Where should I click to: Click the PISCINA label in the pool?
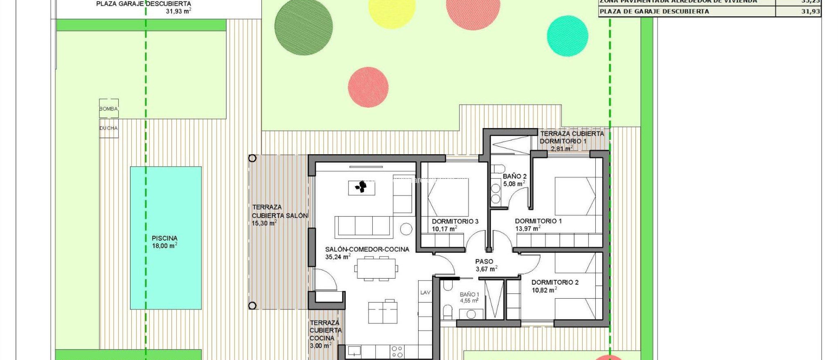tap(164, 238)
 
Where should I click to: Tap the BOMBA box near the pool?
tap(108, 109)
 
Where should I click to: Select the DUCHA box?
tap(108, 128)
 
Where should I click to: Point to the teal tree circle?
tap(568, 36)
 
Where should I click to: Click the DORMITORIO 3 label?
tap(455, 221)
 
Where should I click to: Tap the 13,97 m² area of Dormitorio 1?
tap(527, 229)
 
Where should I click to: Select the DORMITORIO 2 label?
tap(555, 282)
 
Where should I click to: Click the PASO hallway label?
tap(484, 261)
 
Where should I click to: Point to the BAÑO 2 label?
tap(514, 176)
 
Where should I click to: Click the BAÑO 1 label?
tap(469, 295)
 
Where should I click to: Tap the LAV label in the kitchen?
tap(425, 292)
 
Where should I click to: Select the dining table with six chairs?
tap(376, 269)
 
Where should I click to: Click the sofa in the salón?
tap(364, 227)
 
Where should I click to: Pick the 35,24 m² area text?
tap(338, 257)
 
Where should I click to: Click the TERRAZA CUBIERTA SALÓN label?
tap(279, 211)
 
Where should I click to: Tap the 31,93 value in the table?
tap(810, 11)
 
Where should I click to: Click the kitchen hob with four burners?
tap(397, 351)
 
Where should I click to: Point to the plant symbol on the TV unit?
tap(361, 187)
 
